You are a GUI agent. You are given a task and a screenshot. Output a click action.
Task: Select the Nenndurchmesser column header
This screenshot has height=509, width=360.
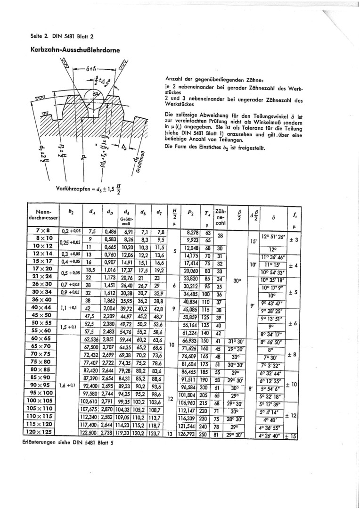43,215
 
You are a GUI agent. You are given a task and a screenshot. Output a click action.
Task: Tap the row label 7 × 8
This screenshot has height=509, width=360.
43,231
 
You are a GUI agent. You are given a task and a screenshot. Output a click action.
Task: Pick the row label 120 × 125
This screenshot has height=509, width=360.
43,432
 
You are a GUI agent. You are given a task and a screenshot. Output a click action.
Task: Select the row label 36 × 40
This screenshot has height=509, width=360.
43,300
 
